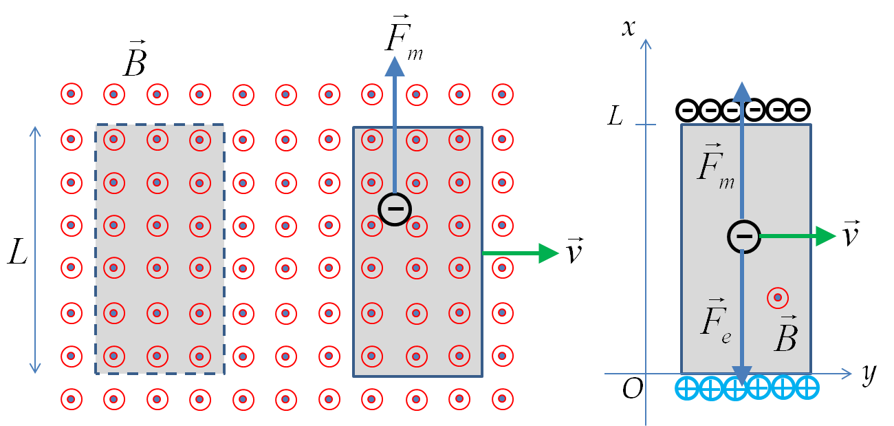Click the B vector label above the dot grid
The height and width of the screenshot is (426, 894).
(x=135, y=58)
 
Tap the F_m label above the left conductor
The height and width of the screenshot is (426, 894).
(x=404, y=38)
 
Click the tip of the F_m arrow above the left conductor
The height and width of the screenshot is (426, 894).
(x=395, y=56)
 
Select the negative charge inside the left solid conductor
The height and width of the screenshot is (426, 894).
(x=395, y=209)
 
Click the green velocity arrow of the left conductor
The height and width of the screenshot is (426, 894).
(x=521, y=253)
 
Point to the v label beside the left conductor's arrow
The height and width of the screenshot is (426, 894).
(x=575, y=250)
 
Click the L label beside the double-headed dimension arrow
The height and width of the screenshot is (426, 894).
(x=18, y=251)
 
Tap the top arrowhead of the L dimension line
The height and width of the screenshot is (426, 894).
(x=35, y=127)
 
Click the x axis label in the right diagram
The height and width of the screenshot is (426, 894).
(x=629, y=28)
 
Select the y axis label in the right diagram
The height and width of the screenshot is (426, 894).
(x=869, y=374)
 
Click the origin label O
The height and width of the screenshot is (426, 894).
(x=633, y=388)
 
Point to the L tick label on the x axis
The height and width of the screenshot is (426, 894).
(x=615, y=116)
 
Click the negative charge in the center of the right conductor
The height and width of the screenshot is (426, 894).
(x=744, y=236)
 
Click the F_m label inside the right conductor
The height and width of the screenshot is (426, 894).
(x=716, y=166)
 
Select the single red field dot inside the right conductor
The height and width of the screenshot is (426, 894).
(x=778, y=297)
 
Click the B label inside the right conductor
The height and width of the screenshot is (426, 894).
(x=786, y=333)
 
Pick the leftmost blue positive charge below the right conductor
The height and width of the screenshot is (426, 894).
(x=687, y=388)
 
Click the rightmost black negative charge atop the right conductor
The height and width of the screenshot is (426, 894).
(x=799, y=109)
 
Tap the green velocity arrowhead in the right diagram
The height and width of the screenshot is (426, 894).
(x=826, y=236)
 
